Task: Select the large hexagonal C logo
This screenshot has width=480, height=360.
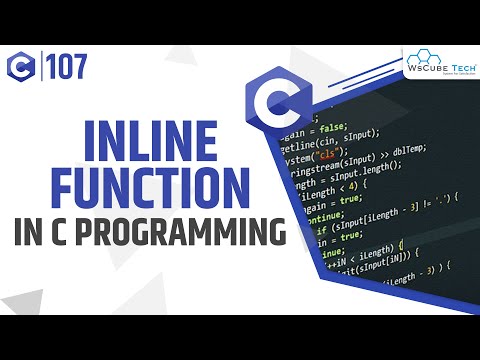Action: tap(276, 104)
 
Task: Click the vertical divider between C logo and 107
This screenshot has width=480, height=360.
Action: tap(43, 67)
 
